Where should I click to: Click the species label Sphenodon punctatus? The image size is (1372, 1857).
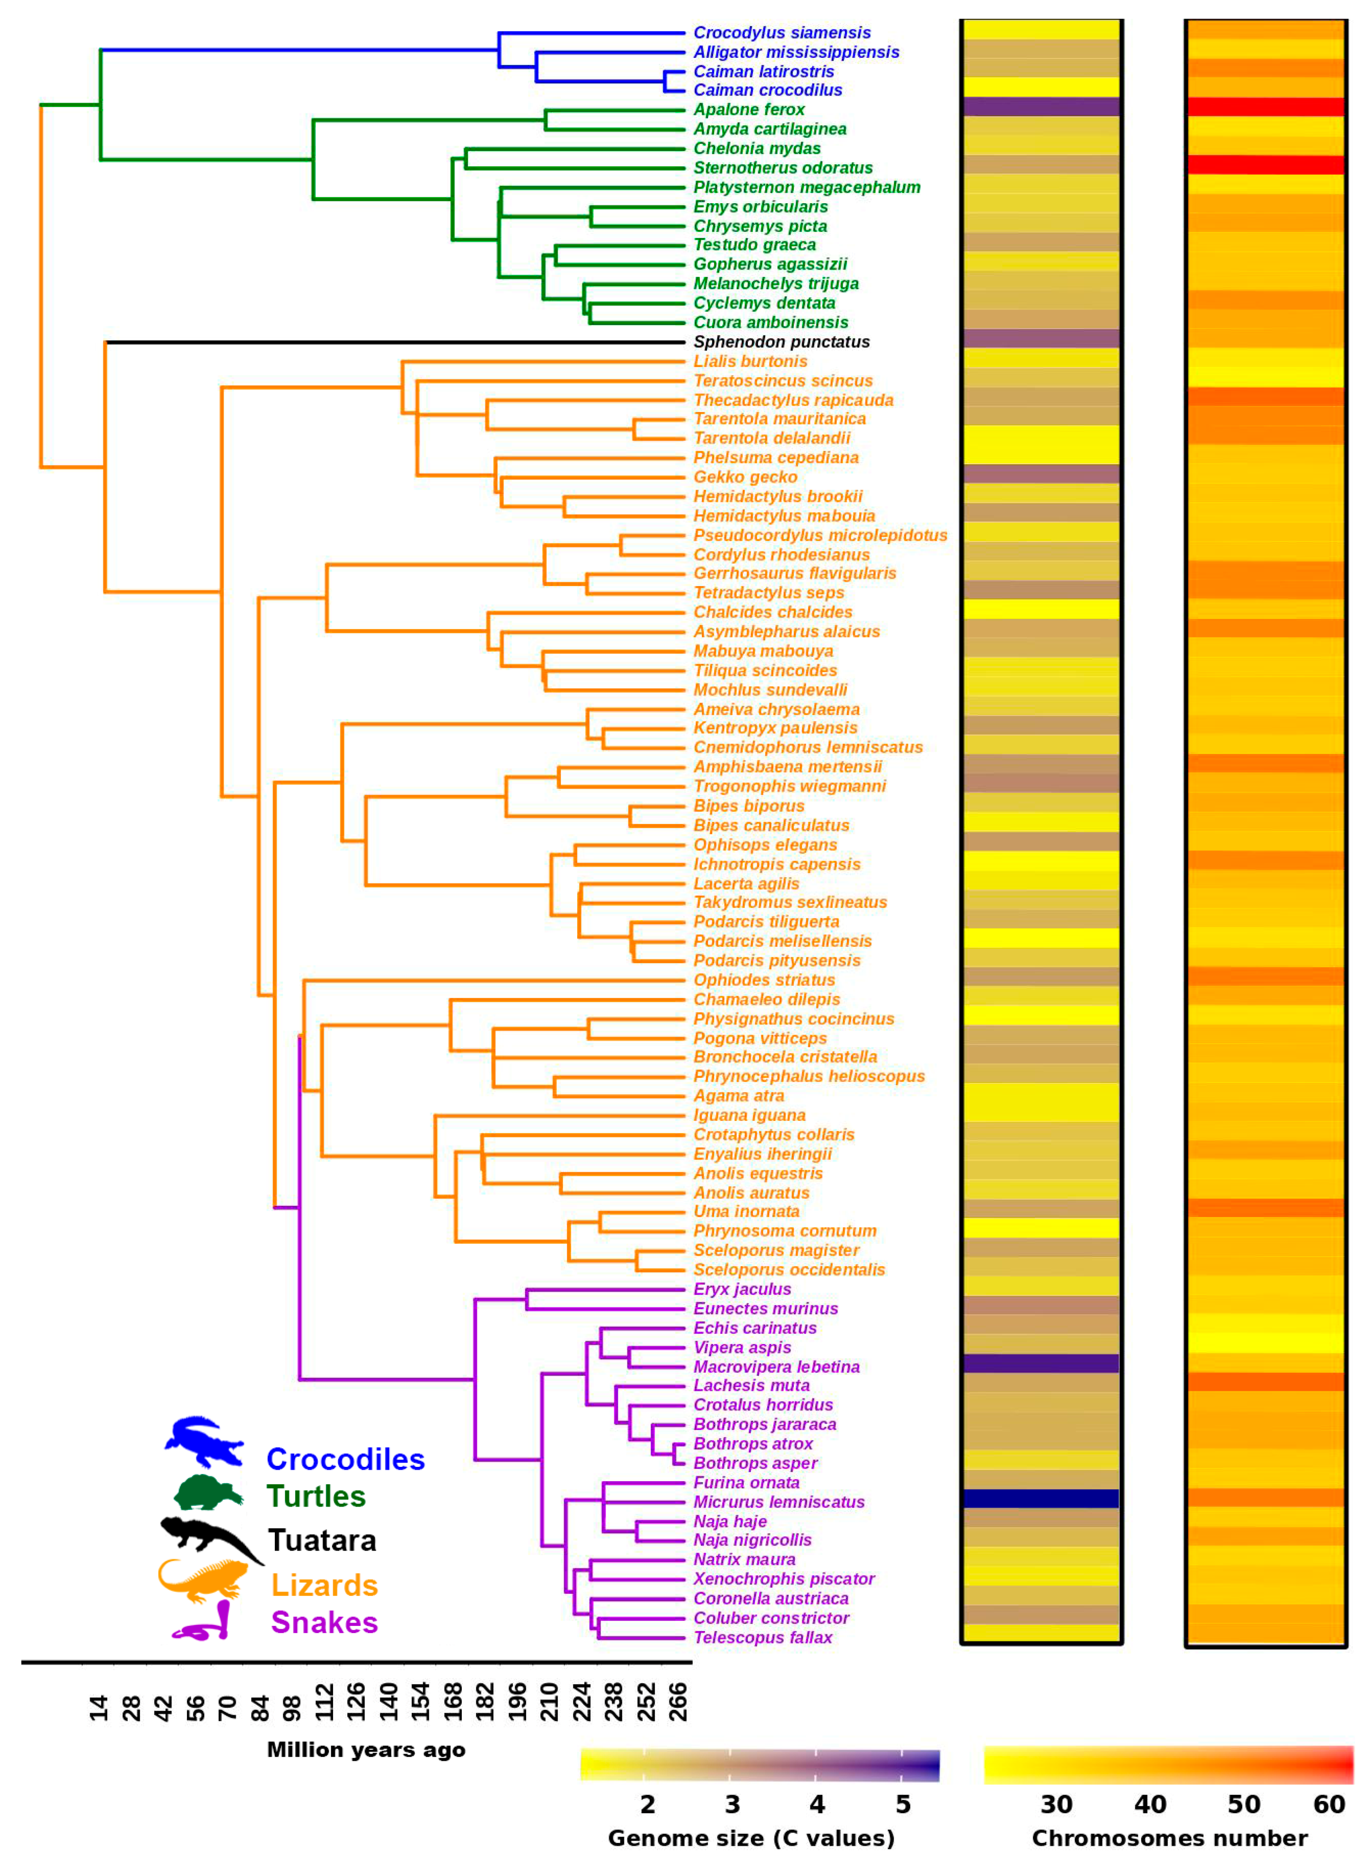781,342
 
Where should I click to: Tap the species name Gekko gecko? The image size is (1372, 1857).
745,477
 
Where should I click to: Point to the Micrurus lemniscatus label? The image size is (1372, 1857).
778,1502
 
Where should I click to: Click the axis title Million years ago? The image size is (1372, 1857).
365,1750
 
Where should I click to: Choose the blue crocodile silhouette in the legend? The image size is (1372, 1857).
203,1442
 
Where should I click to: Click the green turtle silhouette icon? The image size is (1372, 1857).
207,1493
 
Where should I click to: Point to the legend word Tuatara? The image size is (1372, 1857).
322,1541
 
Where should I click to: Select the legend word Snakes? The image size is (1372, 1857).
324,1623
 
